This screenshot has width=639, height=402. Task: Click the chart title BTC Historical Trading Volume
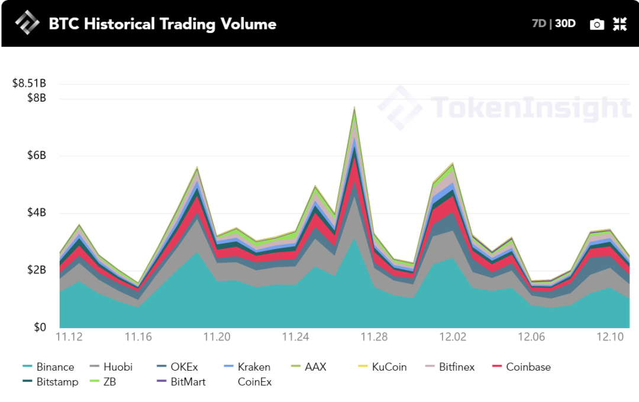pos(162,24)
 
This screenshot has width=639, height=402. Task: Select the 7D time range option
pos(538,24)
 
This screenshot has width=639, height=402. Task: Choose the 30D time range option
pos(565,24)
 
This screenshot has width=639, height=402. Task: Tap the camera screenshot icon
pos(597,24)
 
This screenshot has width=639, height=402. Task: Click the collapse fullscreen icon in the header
pos(619,24)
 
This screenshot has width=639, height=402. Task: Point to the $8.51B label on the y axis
pos(29,83)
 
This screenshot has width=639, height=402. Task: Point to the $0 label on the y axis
pos(39,328)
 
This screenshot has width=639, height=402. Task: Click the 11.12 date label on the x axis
pos(69,337)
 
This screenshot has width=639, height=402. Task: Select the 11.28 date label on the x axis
pos(375,337)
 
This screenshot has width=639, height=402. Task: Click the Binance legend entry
pos(54,367)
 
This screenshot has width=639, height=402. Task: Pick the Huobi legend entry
pos(117,367)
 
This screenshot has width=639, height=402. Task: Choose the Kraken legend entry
pos(254,367)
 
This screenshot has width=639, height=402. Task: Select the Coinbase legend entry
pos(528,367)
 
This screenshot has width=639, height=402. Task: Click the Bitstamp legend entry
pos(57,382)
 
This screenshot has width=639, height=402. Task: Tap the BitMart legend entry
pos(188,382)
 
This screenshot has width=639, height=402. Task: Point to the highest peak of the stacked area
pos(354,108)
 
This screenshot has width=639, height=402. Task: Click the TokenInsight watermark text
pos(530,108)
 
